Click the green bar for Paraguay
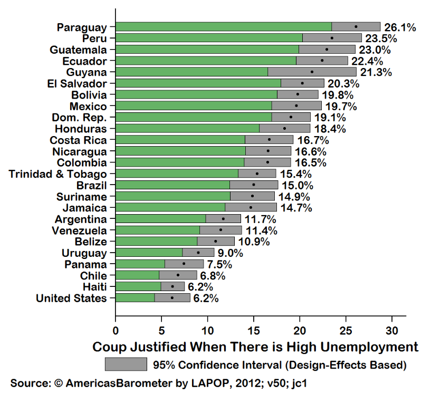point(223,26)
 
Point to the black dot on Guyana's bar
point(312,72)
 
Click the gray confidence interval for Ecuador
point(322,61)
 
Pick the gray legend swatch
point(126,364)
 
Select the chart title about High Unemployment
point(255,347)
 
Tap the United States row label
point(71,298)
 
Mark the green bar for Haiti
point(138,286)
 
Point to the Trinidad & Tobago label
point(57,174)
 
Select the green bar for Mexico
point(193,106)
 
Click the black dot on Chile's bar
point(178,275)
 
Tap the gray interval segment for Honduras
point(284,129)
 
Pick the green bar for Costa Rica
point(180,140)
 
